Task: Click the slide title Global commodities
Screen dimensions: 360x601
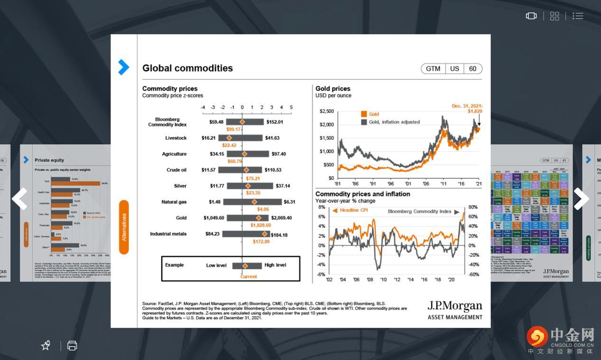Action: [x=187, y=68]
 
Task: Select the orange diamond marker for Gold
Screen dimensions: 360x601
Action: [x=259, y=218]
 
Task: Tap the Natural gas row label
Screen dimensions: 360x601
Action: [x=174, y=202]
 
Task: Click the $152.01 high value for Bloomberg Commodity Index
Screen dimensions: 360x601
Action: [x=274, y=122]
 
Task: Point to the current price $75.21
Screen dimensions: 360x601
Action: [x=253, y=178]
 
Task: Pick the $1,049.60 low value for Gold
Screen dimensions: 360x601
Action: [x=214, y=218]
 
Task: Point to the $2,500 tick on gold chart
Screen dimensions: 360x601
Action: [x=327, y=111]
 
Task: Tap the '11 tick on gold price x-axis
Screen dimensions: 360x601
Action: [x=444, y=184]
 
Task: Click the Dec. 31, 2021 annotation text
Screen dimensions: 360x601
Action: [x=467, y=106]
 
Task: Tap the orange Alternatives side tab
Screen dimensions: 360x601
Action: [x=124, y=227]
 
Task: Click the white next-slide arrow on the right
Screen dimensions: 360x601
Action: [x=581, y=199]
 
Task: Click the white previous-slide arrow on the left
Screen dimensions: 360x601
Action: [x=19, y=199]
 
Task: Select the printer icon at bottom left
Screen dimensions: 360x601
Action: [x=72, y=345]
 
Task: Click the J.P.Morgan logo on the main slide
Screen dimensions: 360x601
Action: [x=454, y=309]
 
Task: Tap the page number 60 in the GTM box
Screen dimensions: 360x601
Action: [x=472, y=69]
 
